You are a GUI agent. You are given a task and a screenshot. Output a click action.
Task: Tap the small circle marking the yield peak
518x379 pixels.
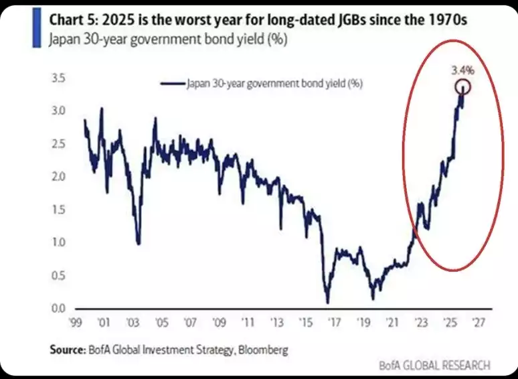coord(462,86)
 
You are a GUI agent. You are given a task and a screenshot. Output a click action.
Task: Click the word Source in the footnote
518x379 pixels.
coord(66,350)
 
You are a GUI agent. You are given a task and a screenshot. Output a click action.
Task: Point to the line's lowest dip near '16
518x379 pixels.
coord(328,301)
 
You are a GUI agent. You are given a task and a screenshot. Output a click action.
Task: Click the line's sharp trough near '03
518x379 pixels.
coord(138,243)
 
